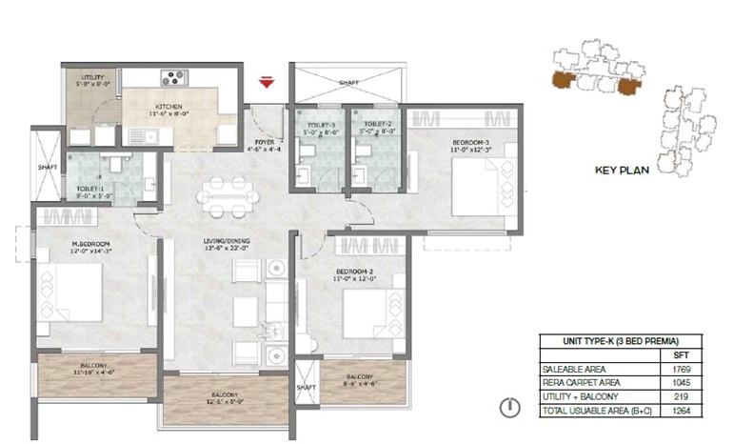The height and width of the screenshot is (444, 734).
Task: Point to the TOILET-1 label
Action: point(90,189)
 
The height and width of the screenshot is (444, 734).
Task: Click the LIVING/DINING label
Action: point(225,242)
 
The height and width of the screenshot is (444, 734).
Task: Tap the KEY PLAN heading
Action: point(622,172)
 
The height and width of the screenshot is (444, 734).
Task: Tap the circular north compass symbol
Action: point(511,408)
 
